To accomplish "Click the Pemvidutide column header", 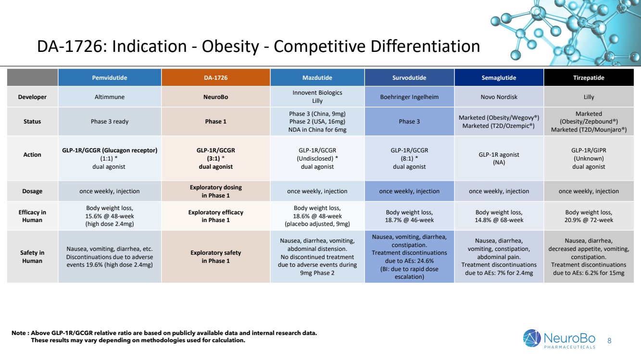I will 110,77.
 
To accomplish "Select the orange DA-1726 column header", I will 215,77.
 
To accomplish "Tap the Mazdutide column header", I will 317,77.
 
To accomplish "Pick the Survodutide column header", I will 409,77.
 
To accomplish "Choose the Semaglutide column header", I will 499,77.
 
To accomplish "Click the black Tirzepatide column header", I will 589,77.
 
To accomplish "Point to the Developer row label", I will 32,97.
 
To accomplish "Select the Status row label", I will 32,122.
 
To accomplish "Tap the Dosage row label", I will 32,191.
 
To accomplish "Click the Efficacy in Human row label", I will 32,216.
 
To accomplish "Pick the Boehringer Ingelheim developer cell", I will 409,97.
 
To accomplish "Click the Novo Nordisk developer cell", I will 499,97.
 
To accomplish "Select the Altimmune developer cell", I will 110,97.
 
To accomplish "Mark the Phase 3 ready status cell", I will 110,122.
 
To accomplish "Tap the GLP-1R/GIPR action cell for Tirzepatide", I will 589,158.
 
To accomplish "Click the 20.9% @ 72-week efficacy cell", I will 589,216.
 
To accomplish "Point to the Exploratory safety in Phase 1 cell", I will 215,257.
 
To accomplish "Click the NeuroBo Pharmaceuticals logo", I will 560,338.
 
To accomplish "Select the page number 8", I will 610,341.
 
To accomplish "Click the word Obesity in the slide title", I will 230,47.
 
